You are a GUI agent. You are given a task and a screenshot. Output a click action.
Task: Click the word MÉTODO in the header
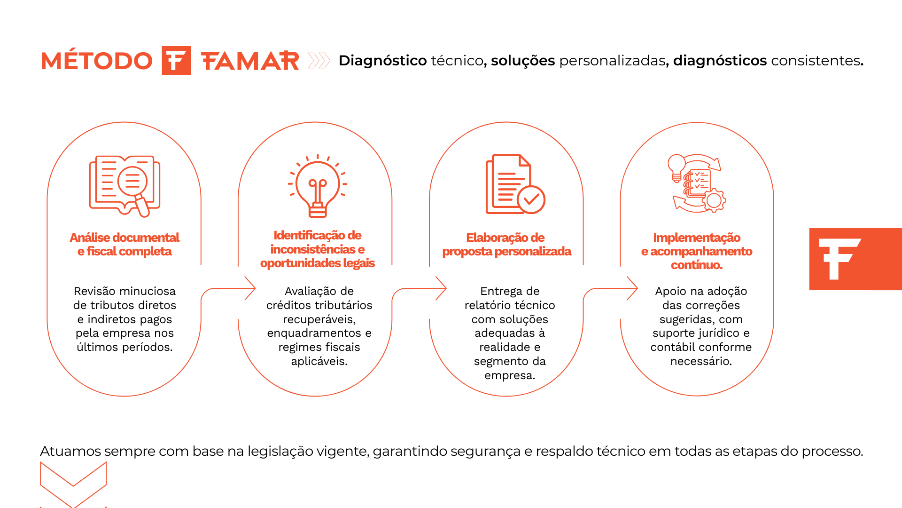click(97, 60)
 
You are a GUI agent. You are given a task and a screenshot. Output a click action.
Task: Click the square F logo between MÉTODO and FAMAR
click(176, 60)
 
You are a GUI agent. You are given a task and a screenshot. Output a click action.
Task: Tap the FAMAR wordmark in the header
click(250, 61)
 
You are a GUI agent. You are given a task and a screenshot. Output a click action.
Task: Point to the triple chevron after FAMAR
click(319, 61)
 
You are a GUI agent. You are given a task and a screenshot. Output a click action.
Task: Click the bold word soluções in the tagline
click(523, 61)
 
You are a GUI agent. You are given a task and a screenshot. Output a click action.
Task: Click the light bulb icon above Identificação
click(318, 186)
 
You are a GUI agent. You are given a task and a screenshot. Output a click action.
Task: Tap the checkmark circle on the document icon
click(531, 200)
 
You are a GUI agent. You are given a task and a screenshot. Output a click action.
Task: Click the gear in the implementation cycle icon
click(714, 200)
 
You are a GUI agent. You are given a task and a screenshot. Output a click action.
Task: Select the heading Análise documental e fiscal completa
click(124, 244)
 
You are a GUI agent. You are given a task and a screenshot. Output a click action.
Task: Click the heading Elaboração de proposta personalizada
click(506, 244)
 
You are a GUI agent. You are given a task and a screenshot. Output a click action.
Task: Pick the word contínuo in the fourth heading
click(697, 265)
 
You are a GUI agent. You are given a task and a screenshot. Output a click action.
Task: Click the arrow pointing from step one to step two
click(228, 288)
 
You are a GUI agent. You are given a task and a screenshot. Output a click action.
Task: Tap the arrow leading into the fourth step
click(611, 288)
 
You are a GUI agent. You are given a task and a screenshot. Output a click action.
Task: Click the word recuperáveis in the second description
click(319, 319)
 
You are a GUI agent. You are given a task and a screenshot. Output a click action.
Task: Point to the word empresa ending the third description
click(510, 375)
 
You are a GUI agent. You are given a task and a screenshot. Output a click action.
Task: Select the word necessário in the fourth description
click(701, 361)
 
